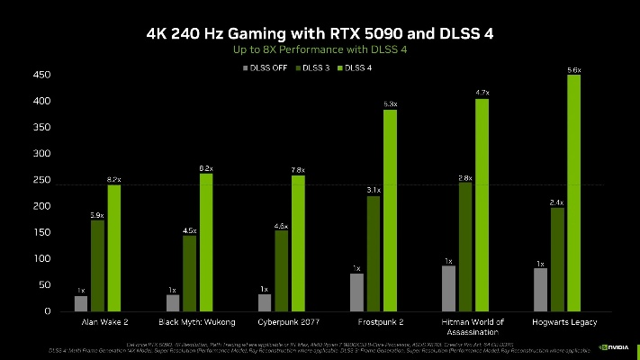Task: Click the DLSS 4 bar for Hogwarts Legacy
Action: click(573, 193)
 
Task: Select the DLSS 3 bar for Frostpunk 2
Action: click(373, 253)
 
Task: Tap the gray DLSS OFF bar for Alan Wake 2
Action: click(81, 302)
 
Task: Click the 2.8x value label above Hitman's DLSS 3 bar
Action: click(464, 177)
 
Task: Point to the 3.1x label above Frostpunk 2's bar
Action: click(373, 190)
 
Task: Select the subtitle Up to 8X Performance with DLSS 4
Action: click(320, 50)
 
